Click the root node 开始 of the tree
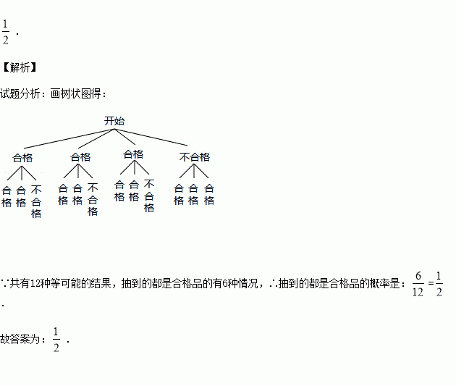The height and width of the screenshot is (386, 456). tap(114, 121)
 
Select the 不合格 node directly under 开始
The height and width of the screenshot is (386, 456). tap(195, 156)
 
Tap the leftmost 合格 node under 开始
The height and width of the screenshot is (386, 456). tap(22, 156)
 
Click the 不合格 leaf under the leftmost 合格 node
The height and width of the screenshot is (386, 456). tap(36, 202)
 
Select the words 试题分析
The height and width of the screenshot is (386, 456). tap(22, 94)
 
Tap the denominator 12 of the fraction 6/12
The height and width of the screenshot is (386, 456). tap(418, 291)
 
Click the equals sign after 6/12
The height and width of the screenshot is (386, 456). tap(431, 283)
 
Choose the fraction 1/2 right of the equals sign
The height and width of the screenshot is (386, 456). tap(439, 283)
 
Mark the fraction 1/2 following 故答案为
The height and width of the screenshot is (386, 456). tap(56, 339)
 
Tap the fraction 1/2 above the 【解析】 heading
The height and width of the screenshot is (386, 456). tap(6, 33)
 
